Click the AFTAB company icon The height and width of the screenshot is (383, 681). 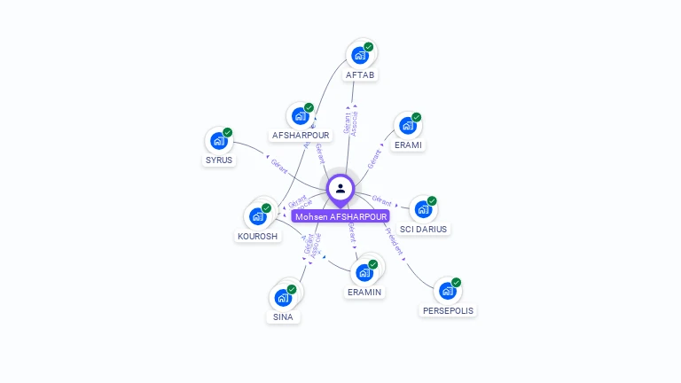click(x=360, y=55)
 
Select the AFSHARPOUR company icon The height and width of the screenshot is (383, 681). click(x=300, y=115)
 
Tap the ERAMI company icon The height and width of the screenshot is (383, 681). click(x=407, y=126)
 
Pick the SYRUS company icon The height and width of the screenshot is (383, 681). click(x=218, y=141)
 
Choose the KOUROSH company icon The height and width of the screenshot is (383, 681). click(x=257, y=216)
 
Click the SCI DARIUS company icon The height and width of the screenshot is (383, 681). click(x=423, y=209)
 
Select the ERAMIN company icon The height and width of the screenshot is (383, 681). click(x=364, y=272)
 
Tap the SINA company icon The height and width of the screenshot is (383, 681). click(x=283, y=297)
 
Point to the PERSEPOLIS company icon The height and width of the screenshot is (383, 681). click(x=447, y=291)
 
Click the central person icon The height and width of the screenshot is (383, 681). click(x=340, y=188)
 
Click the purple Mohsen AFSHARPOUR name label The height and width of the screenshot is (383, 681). click(x=340, y=216)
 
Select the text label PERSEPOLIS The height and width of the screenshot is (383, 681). click(x=448, y=311)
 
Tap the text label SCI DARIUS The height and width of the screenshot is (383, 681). click(x=424, y=229)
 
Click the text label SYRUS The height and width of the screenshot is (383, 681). click(x=218, y=160)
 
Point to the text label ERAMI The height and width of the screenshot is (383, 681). click(x=408, y=145)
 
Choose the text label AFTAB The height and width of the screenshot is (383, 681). click(x=360, y=75)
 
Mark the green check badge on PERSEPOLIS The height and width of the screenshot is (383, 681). click(x=457, y=282)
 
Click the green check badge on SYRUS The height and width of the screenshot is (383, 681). click(x=228, y=132)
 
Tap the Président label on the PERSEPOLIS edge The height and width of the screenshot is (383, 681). click(x=394, y=241)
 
